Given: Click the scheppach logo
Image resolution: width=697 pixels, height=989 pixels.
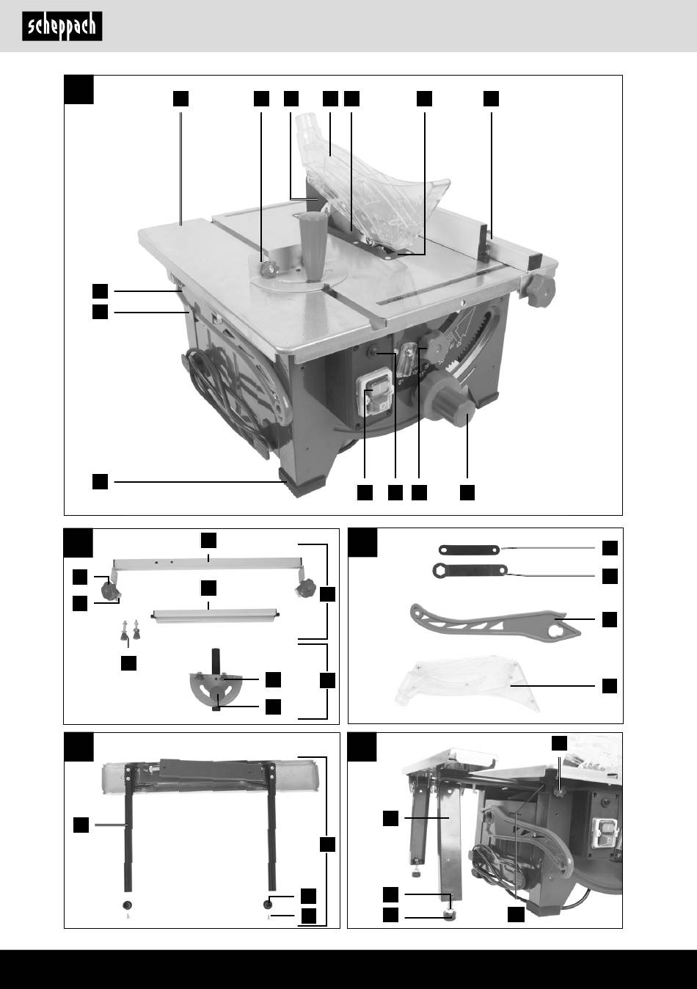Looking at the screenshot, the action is pyautogui.click(x=62, y=27).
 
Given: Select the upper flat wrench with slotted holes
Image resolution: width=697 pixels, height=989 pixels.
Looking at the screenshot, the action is pyautogui.click(x=468, y=549).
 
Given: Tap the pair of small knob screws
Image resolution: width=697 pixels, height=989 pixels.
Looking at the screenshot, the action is pyautogui.click(x=129, y=629).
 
